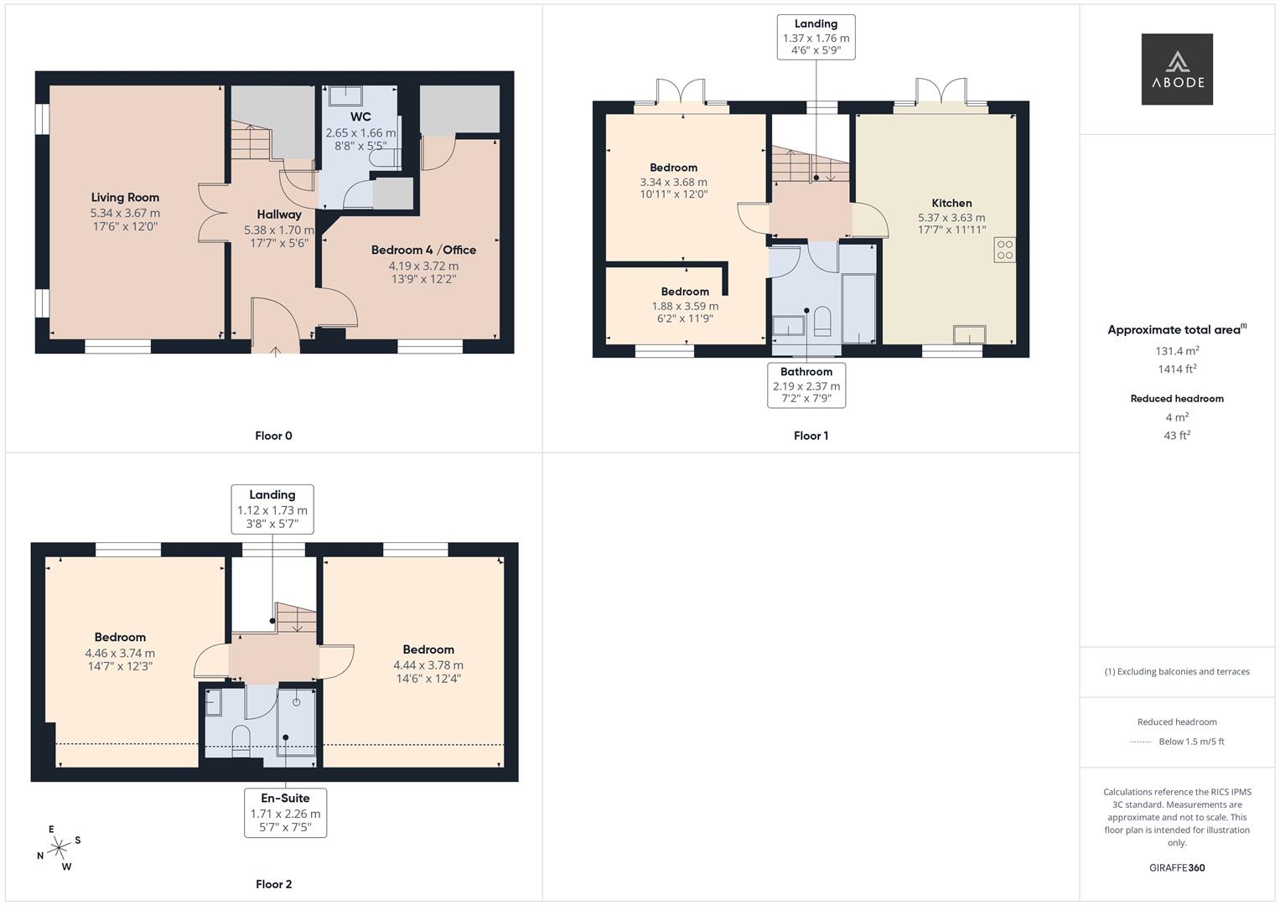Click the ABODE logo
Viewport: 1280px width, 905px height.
[x=1177, y=70]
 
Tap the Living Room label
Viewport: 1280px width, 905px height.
[x=125, y=198]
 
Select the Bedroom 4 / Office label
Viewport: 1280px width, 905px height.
[x=423, y=250]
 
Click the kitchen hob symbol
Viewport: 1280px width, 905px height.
[x=1004, y=250]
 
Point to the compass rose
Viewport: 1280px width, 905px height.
[x=59, y=848]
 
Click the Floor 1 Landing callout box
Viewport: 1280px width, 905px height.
[x=816, y=38]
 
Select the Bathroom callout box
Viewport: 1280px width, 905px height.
[x=806, y=385]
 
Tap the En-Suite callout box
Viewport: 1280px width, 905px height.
[x=285, y=812]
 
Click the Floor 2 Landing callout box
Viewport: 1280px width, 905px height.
[x=272, y=509]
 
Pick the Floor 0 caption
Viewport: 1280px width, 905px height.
[x=273, y=436]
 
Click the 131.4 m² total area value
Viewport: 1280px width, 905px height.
[x=1177, y=351]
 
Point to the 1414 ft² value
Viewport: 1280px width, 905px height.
[x=1177, y=370]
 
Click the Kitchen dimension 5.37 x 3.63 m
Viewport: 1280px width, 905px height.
[x=951, y=217]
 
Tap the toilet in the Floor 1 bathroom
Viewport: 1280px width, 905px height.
[x=822, y=323]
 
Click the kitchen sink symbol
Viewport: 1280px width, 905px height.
[x=969, y=334]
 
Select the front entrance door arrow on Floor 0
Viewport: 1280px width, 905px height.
[x=276, y=352]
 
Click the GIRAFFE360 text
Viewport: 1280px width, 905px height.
[x=1177, y=868]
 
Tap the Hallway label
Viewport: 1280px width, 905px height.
[x=279, y=215]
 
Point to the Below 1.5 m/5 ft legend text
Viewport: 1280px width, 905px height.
[x=1191, y=742]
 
